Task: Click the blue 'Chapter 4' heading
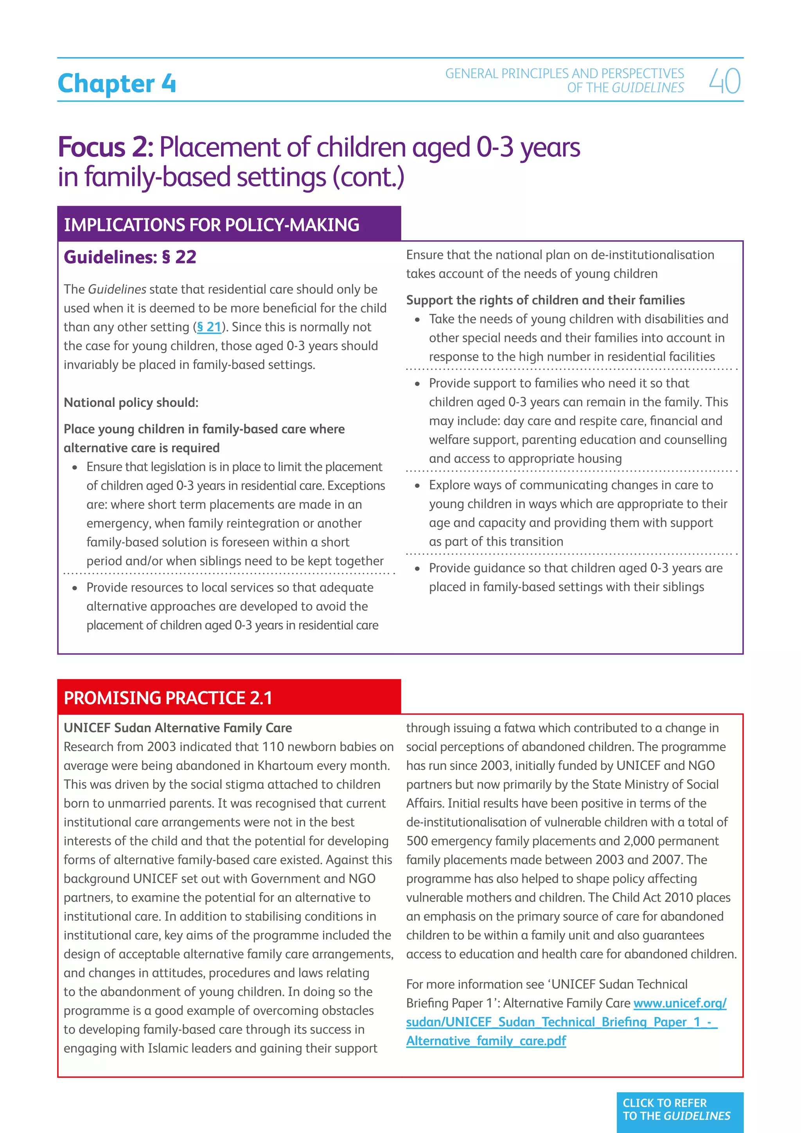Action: click(x=117, y=83)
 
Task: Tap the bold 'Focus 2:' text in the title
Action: click(x=106, y=147)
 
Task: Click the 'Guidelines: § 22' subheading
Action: click(x=130, y=257)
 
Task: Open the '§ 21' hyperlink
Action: click(x=209, y=327)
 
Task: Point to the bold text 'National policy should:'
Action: click(x=131, y=403)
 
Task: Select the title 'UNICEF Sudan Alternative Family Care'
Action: click(x=178, y=728)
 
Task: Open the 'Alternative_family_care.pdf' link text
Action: click(x=486, y=1041)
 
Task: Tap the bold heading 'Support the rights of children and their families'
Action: click(x=545, y=300)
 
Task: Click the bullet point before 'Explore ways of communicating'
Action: click(x=417, y=486)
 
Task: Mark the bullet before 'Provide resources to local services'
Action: click(x=75, y=588)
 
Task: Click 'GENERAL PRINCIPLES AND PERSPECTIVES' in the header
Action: click(x=564, y=74)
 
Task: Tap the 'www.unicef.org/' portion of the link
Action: click(x=680, y=1003)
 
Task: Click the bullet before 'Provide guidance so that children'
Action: click(x=417, y=569)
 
